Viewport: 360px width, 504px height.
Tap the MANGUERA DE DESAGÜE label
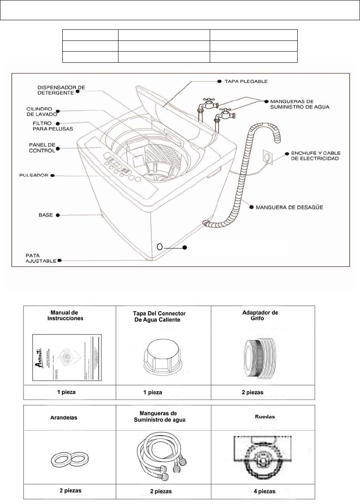pos(288,207)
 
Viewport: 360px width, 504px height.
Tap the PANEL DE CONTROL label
pos(40,148)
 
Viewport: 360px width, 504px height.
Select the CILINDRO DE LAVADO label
pos(40,111)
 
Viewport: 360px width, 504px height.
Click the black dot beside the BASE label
pos(58,215)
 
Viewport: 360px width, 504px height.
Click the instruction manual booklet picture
pos(67,357)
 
